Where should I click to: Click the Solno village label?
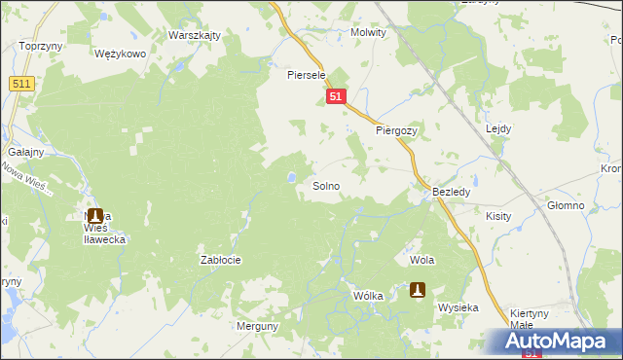(x=325, y=185)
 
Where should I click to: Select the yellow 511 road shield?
(x=21, y=85)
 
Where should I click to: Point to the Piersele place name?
(x=305, y=74)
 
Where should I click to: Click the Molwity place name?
(x=368, y=32)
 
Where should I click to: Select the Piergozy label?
(x=396, y=129)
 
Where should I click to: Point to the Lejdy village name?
(x=497, y=128)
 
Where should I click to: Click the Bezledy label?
(x=452, y=193)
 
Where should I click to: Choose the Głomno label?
(x=565, y=205)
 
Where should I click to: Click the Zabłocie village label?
(x=220, y=260)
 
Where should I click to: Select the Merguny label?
(x=257, y=327)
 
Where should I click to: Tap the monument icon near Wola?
(x=418, y=289)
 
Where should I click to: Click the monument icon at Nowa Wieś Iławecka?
(x=94, y=215)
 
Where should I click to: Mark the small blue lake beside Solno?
(x=291, y=177)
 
